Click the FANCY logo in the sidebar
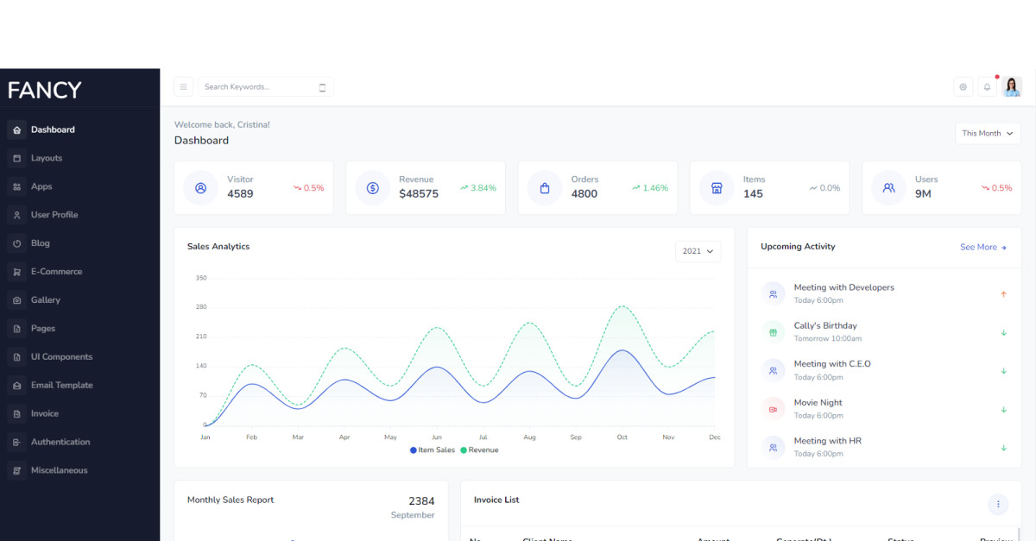45,90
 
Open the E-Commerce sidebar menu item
56,272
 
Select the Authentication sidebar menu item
60,442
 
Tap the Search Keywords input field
259,87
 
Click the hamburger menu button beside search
183,87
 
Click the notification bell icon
987,87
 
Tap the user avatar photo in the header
1012,87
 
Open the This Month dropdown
988,133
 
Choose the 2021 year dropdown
698,251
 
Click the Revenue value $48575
419,194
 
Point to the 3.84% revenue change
478,188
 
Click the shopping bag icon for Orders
545,188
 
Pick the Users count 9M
923,194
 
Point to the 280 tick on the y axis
201,307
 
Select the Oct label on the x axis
622,437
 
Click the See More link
983,248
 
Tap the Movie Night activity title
818,402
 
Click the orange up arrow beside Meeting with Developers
1003,294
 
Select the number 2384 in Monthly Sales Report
421,501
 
